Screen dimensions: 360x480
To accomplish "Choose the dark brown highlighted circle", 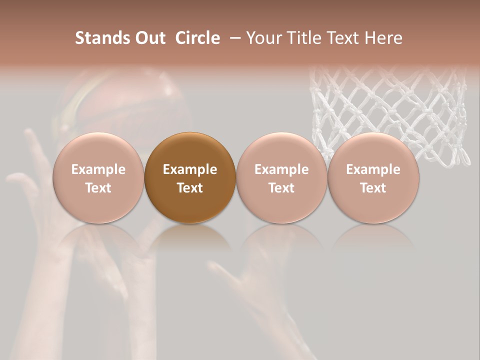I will click(190, 177).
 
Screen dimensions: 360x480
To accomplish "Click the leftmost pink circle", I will click(98, 177).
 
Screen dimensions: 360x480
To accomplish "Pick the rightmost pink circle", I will click(373, 177).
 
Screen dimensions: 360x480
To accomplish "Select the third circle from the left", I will click(281, 177).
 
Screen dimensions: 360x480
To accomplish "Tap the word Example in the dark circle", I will click(190, 169).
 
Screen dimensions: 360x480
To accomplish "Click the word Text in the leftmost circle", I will click(98, 188).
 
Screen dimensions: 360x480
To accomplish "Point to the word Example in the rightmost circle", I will click(373, 169).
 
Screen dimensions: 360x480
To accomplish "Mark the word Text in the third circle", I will click(281, 188).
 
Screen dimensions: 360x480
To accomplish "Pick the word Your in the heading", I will click(263, 38).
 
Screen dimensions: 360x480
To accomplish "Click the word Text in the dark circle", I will click(190, 188).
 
